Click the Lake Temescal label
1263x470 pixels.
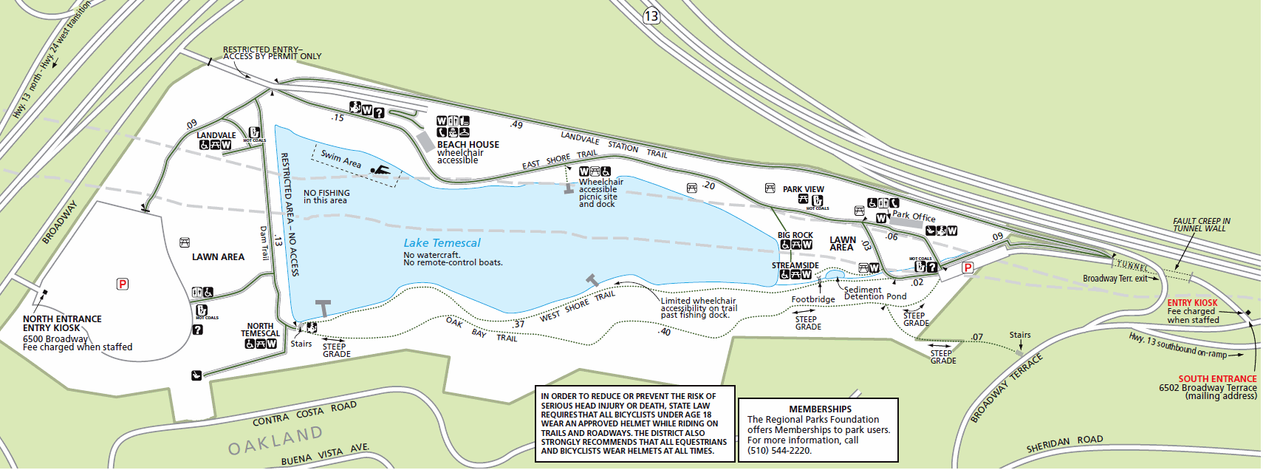click(x=442, y=243)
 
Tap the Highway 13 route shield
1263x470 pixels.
click(x=651, y=16)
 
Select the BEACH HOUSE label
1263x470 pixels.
click(x=468, y=145)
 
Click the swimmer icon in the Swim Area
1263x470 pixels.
click(x=380, y=171)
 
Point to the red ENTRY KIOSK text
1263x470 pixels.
click(x=1192, y=303)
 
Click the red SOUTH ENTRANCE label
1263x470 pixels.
click(x=1217, y=378)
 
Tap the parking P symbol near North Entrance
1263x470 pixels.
click(x=123, y=284)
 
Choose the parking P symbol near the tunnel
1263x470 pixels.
click(x=968, y=268)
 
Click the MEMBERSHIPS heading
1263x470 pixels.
click(x=820, y=409)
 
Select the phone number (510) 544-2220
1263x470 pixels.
click(x=779, y=450)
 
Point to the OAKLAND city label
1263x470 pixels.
click(x=275, y=440)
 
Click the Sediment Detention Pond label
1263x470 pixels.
click(x=874, y=293)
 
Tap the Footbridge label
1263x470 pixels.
click(x=812, y=299)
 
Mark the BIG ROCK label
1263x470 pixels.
click(x=795, y=235)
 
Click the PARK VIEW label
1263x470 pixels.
click(x=803, y=189)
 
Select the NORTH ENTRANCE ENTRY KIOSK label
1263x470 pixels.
click(x=62, y=324)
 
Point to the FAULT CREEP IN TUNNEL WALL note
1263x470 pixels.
click(x=1201, y=225)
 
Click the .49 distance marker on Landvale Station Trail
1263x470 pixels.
click(x=516, y=125)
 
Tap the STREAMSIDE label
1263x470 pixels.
click(x=795, y=265)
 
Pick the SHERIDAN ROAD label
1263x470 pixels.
click(x=1064, y=444)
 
